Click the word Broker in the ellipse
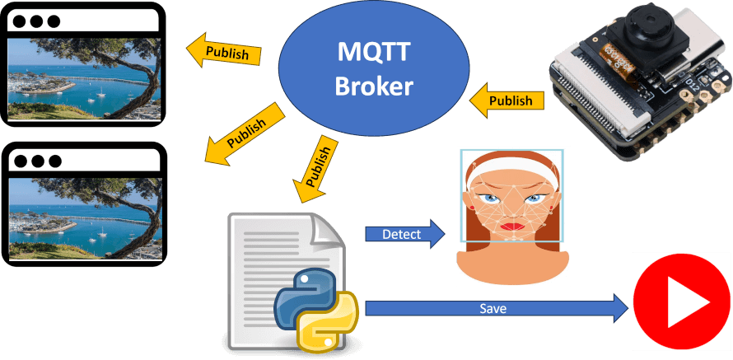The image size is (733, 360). click(x=373, y=86)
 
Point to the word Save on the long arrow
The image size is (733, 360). click(x=493, y=309)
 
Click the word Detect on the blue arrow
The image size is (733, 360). click(x=401, y=235)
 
